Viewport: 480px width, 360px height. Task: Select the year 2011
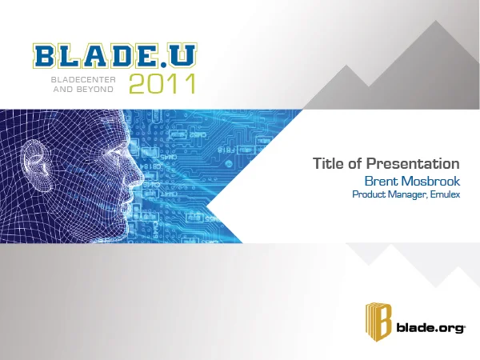[162, 83]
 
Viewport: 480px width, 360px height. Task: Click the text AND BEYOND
[83, 90]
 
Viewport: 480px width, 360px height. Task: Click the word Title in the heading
[328, 164]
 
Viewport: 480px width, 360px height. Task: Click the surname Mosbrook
[430, 181]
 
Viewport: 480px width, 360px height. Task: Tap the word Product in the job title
[370, 194]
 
